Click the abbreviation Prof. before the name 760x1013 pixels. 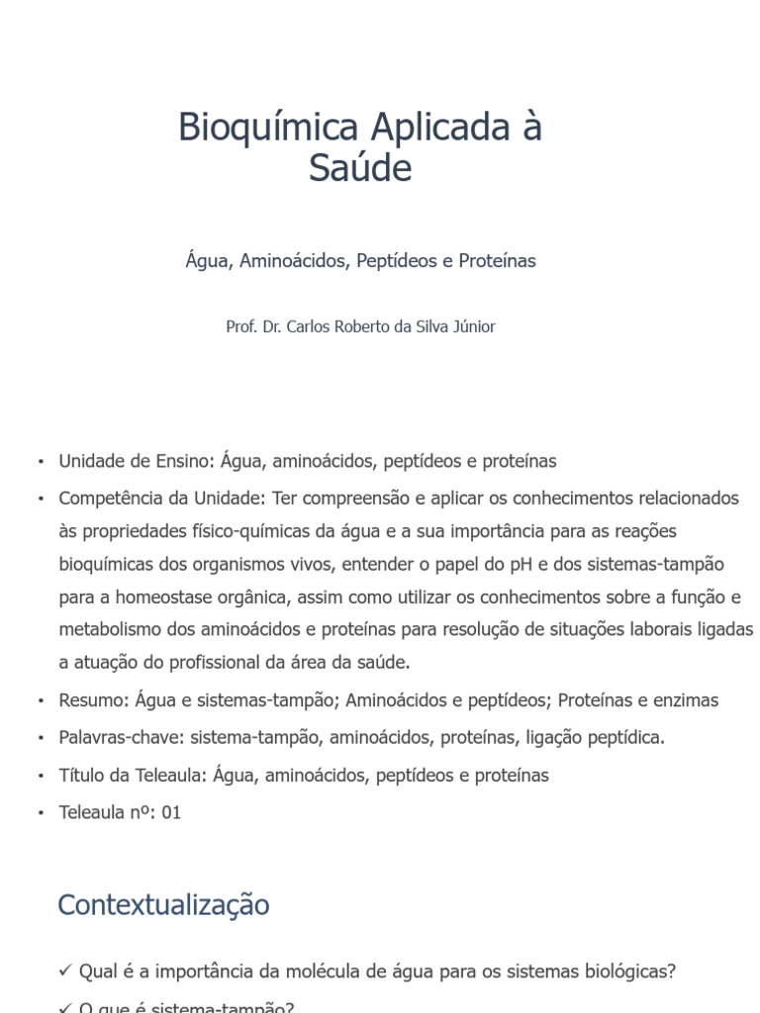point(241,326)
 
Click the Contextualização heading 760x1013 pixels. point(163,904)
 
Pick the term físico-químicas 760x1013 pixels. point(254,531)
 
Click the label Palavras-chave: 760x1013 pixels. point(120,738)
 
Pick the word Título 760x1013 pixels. point(81,776)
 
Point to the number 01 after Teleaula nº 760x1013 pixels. point(170,813)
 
